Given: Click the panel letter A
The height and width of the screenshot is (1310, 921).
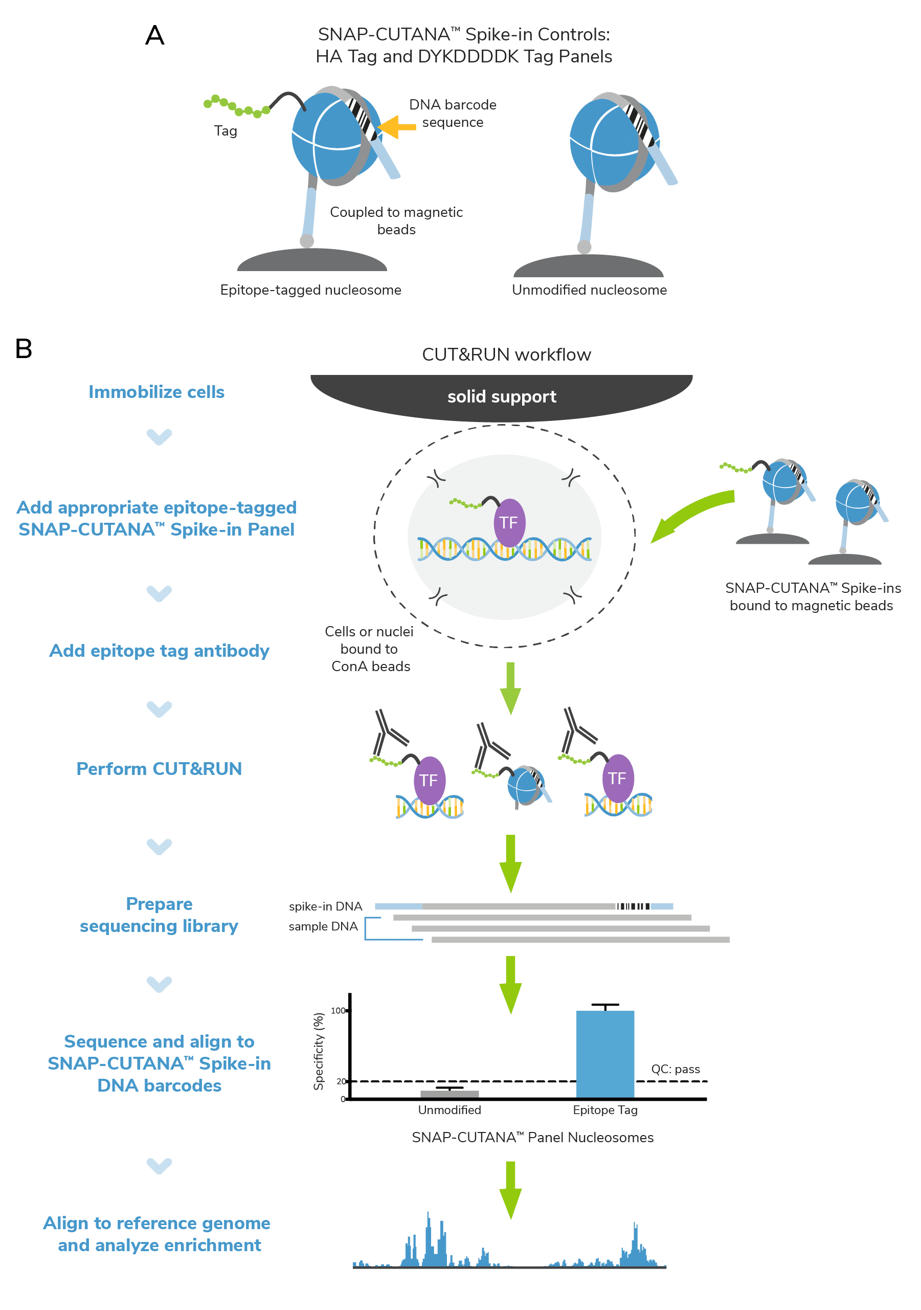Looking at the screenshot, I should (154, 35).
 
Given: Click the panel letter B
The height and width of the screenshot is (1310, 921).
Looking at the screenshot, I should (24, 349).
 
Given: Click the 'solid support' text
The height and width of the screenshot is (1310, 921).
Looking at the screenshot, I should (501, 396).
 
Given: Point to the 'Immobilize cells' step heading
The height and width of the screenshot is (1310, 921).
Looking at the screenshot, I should (156, 392).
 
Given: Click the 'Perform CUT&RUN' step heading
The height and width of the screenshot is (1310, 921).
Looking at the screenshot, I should (159, 768).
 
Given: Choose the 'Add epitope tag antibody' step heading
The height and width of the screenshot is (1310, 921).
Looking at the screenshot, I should (159, 651).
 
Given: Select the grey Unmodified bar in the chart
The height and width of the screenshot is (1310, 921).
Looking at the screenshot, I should (450, 1094).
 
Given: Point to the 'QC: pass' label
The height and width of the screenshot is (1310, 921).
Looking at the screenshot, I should (675, 1069).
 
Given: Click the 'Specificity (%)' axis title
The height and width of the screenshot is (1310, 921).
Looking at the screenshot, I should (319, 1051).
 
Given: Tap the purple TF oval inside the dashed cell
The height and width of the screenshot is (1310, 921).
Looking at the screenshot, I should (509, 523).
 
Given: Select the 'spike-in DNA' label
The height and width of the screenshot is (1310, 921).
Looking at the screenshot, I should (325, 906).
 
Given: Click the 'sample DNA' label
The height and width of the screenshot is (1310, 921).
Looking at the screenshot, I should (323, 926).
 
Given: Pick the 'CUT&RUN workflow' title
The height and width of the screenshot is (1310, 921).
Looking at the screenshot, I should (506, 354).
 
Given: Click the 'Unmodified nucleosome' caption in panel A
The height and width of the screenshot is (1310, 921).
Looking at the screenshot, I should (589, 290).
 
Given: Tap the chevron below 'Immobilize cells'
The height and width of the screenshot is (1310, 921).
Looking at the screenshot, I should (159, 436).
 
